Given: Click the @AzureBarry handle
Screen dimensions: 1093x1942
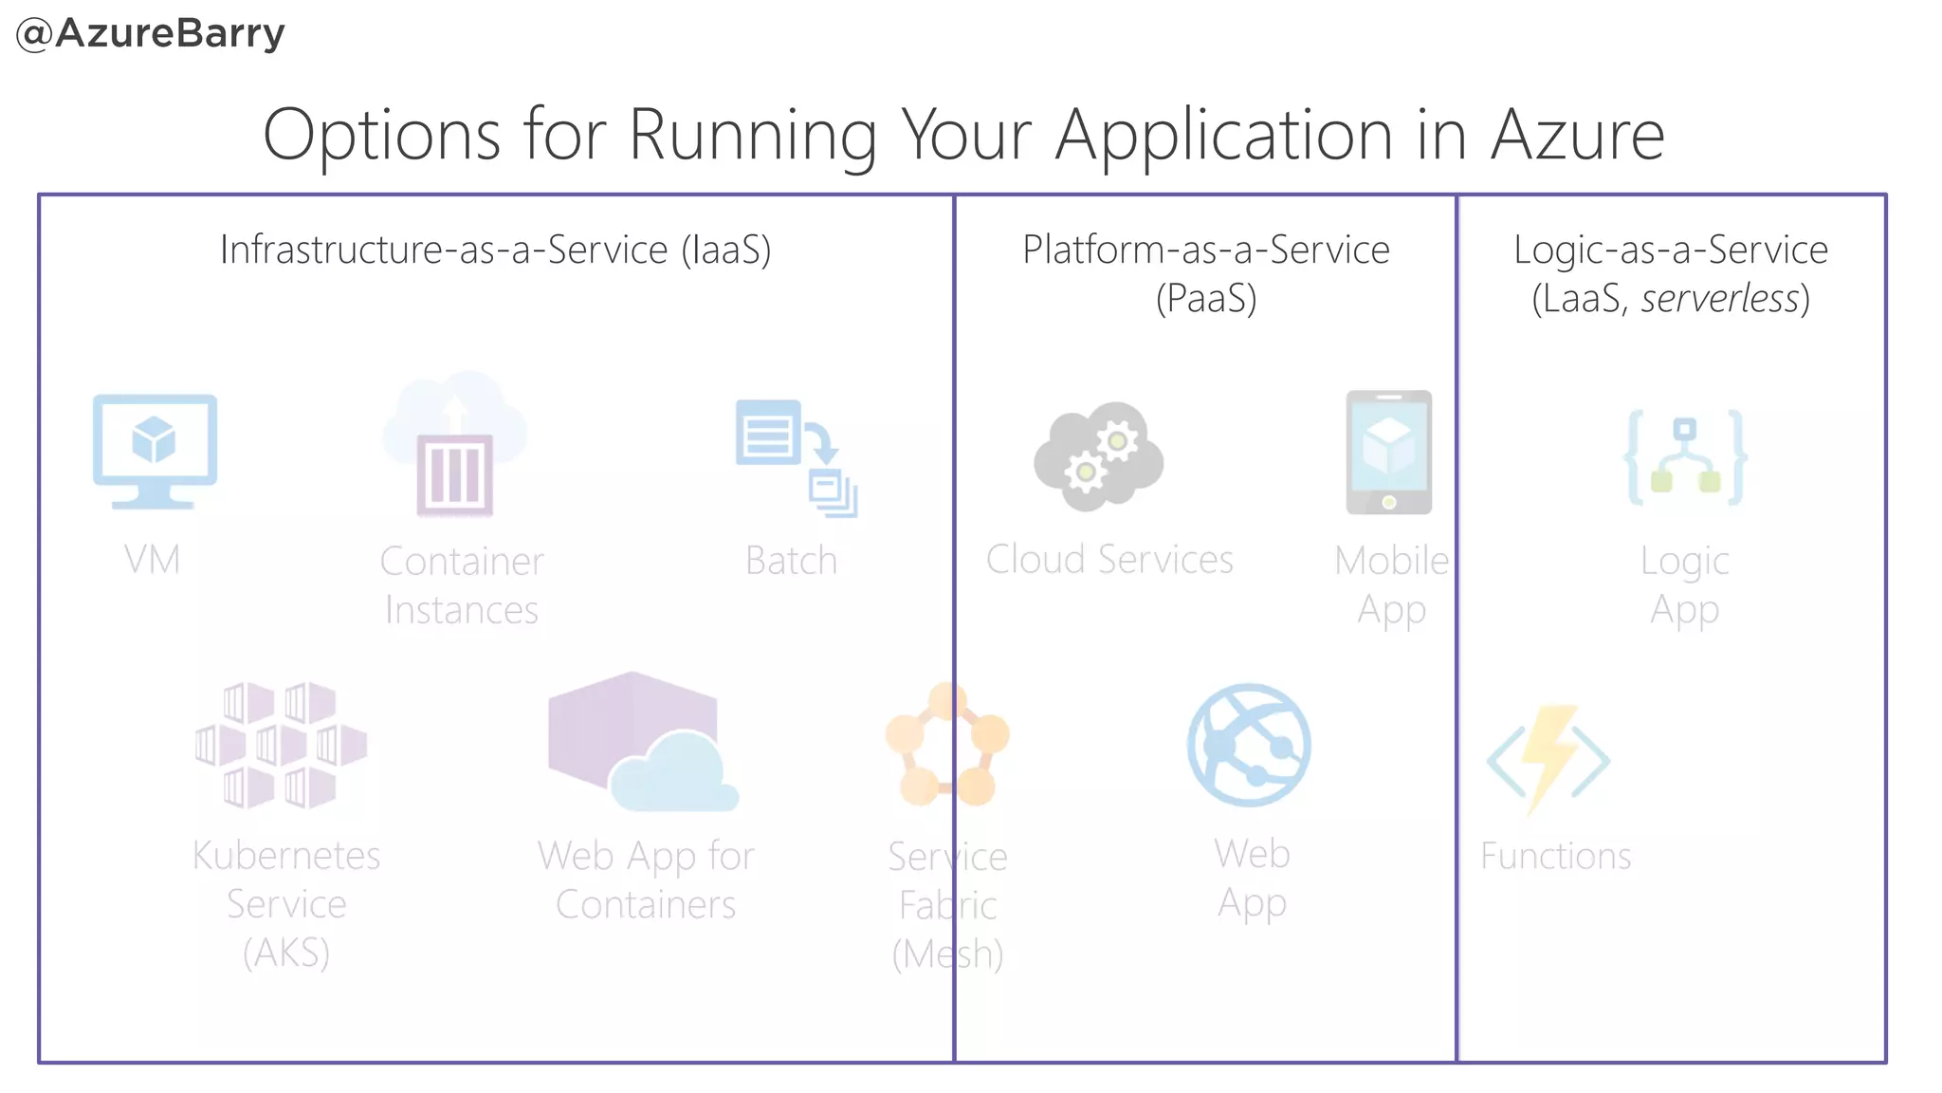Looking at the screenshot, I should [151, 34].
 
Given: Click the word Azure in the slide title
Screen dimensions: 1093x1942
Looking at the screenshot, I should [1577, 136].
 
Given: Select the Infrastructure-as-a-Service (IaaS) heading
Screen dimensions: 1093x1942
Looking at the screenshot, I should [495, 250].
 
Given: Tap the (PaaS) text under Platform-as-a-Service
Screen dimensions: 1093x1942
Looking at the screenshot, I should [1205, 299].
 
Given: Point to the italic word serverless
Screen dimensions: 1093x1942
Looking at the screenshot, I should [1720, 299].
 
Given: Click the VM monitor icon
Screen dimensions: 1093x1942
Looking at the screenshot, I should [155, 451].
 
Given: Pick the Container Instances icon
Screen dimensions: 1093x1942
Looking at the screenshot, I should [455, 446].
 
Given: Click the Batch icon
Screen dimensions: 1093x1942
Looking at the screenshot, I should [796, 457].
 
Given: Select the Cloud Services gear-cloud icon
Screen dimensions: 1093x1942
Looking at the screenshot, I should [1098, 456].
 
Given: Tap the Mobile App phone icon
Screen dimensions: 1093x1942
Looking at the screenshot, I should [1388, 453].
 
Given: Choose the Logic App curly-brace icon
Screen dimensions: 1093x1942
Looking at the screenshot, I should [1685, 457].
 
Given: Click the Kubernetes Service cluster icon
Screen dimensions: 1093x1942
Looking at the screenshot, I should [281, 745].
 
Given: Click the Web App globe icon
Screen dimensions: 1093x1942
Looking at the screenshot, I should [1249, 745].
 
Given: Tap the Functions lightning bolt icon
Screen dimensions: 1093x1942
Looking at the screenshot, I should [1548, 759].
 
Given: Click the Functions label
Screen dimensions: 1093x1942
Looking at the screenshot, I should [1555, 857].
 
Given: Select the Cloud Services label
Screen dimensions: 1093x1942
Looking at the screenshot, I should [1109, 560].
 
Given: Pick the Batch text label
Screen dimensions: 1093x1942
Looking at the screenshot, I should [791, 561].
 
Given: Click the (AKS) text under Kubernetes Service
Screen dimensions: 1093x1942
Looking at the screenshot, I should [286, 953].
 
